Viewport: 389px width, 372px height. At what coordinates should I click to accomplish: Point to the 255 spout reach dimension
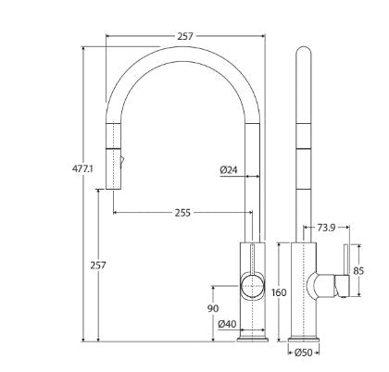pos(181,212)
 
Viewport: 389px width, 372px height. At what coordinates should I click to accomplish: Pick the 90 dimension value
pos(213,308)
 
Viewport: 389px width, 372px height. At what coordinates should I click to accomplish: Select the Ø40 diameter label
pos(226,324)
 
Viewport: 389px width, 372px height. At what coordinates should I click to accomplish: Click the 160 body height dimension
pos(279,292)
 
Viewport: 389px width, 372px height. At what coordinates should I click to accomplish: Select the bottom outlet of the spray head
pos(114,183)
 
